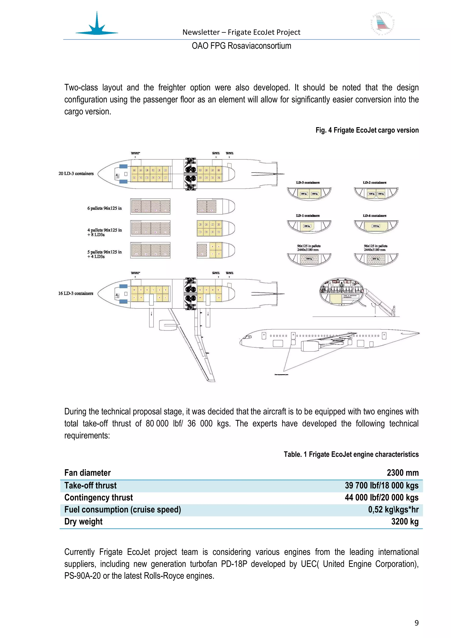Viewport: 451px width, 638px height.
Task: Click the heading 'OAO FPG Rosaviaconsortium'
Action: click(241, 46)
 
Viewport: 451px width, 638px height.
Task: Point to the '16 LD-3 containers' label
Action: click(76, 293)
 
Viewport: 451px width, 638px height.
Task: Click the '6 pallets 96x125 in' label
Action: click(104, 208)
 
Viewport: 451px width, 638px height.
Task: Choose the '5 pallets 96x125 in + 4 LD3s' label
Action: click(104, 254)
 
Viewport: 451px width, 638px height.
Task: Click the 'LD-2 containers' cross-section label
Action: click(375, 183)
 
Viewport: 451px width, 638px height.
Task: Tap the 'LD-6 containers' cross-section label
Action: click(375, 216)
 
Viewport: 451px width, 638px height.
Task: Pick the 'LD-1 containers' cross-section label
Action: click(308, 216)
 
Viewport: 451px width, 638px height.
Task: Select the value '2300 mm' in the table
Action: click(402, 473)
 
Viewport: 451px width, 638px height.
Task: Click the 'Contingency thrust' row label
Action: click(99, 497)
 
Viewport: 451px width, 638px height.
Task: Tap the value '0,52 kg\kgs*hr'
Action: click(393, 509)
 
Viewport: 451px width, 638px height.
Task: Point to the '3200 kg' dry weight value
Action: click(405, 522)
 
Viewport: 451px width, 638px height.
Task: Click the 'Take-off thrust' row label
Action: click(91, 486)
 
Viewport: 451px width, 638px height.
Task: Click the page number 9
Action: click(416, 623)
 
